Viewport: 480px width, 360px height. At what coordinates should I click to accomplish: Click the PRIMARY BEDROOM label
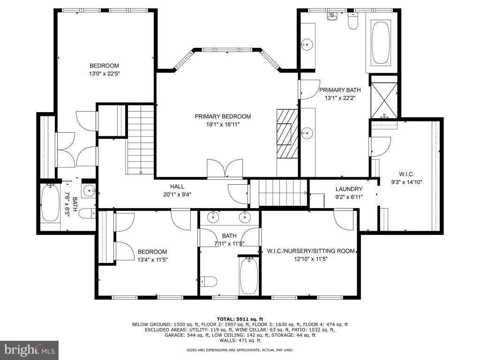[x=223, y=116]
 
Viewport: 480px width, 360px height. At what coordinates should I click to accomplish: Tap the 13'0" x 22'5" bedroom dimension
[x=104, y=74]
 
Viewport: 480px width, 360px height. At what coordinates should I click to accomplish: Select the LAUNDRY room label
[x=349, y=189]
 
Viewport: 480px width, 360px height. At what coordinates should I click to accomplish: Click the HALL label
[x=177, y=187]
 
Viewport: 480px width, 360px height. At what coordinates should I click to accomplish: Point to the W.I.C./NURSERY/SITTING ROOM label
[x=311, y=251]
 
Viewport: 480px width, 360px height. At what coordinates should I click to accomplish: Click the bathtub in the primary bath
[x=381, y=43]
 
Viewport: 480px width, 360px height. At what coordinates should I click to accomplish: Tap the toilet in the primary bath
[x=353, y=21]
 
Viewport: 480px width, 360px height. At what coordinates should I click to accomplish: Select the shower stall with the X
[x=384, y=100]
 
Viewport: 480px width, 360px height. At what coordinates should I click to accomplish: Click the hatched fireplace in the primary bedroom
[x=287, y=134]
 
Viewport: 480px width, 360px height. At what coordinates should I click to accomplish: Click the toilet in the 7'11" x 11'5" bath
[x=209, y=281]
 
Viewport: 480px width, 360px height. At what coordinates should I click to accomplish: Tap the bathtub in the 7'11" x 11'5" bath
[x=249, y=276]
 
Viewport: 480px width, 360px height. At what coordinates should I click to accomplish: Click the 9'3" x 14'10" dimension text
[x=406, y=182]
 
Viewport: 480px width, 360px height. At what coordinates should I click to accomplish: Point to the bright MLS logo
[x=30, y=350]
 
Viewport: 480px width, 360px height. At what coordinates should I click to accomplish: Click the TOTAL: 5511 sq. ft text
[x=240, y=319]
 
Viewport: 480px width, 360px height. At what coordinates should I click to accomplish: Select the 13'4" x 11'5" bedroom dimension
[x=152, y=260]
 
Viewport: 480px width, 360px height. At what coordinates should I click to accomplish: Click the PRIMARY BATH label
[x=340, y=90]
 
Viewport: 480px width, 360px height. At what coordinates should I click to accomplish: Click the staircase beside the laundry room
[x=283, y=193]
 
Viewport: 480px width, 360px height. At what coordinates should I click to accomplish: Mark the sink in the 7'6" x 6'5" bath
[x=89, y=191]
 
